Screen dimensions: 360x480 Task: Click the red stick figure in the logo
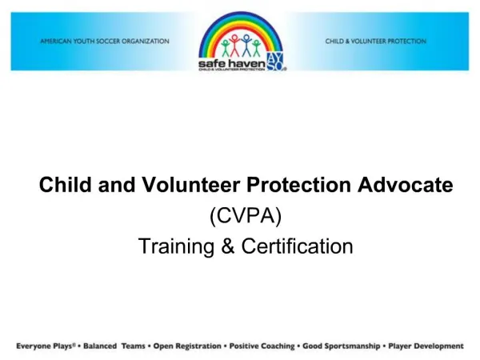click(234, 44)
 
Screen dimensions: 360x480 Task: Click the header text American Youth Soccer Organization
click(105, 41)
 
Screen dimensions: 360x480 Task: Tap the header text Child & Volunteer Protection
click(376, 41)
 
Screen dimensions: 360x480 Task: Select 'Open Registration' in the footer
click(187, 346)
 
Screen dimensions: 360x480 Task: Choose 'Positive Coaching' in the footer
click(262, 346)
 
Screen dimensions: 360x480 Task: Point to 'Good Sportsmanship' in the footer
click(340, 346)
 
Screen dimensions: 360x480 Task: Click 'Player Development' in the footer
click(426, 346)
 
